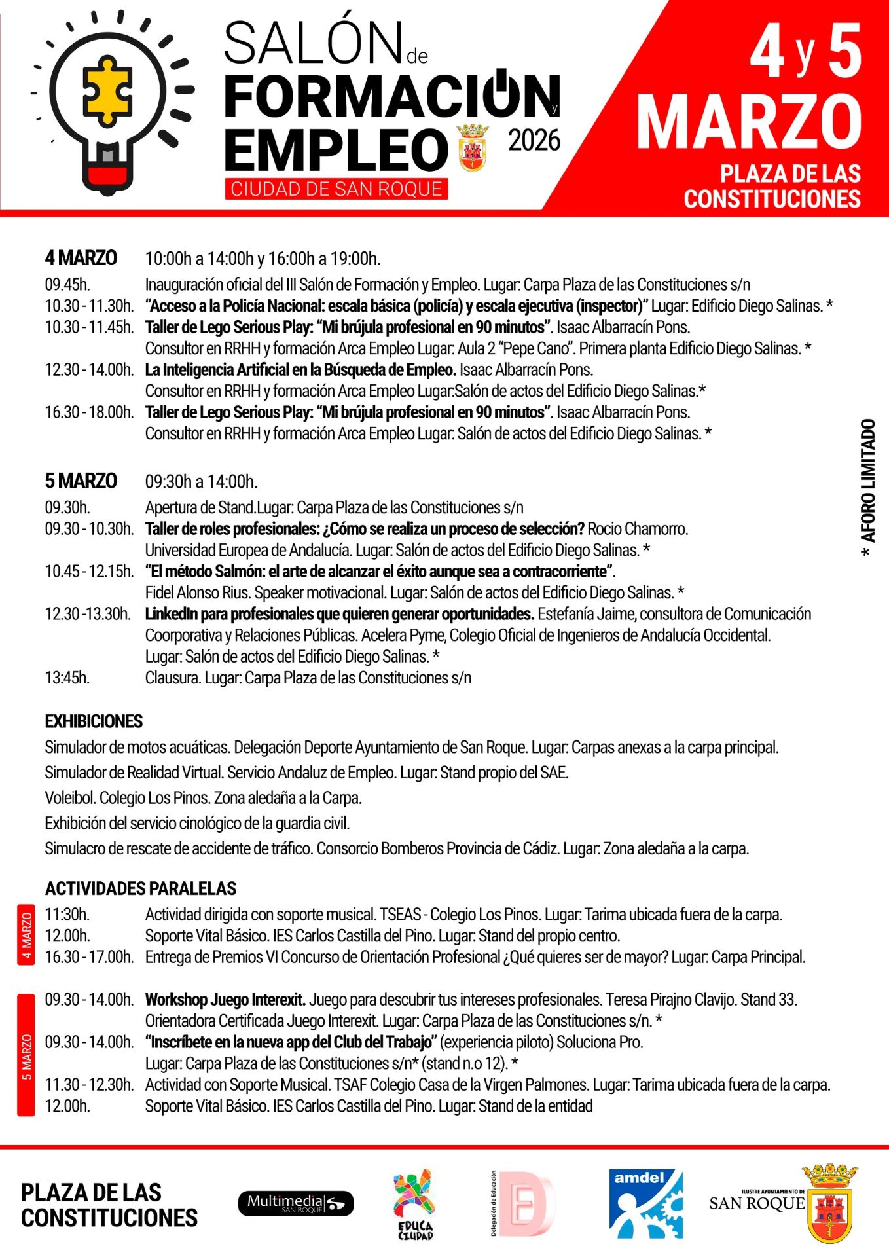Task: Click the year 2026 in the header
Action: tap(534, 141)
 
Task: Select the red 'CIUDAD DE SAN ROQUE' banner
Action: tap(336, 189)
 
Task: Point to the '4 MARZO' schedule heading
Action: tap(81, 258)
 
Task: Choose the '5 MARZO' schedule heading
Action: tap(81, 481)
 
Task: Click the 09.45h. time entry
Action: tap(67, 285)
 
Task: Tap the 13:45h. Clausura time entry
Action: tap(67, 678)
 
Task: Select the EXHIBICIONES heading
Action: tap(94, 721)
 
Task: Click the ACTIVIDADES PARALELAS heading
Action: tap(141, 888)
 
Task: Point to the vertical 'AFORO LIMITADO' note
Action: tap(867, 488)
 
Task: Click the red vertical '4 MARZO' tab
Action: tap(26, 935)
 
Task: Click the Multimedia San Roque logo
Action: tap(295, 1203)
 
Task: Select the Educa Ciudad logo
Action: tap(414, 1203)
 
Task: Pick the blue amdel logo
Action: tap(645, 1203)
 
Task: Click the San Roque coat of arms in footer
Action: tap(829, 1203)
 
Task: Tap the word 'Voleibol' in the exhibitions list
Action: tap(70, 798)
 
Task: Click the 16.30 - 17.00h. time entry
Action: tap(89, 957)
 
